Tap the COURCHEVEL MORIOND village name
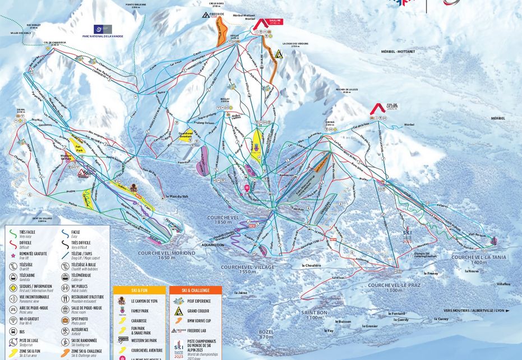coord(167,255)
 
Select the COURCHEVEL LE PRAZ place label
coord(386,287)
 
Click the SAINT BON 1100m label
coord(311,315)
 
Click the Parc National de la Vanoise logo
coord(103,30)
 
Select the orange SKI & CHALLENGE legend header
coord(196,290)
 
